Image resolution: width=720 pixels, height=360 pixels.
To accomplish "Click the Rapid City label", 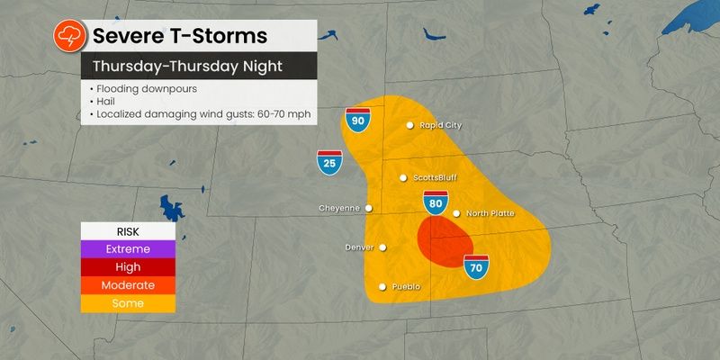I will click(440, 125).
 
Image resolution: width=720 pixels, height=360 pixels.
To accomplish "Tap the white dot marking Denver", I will click(382, 247).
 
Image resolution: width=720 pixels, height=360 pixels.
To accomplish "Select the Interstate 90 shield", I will click(356, 119).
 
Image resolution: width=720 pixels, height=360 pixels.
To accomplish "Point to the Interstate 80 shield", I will click(436, 202).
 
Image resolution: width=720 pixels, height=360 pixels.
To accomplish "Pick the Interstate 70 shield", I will click(476, 265).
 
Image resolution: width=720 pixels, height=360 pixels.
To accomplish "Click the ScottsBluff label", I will click(436, 177).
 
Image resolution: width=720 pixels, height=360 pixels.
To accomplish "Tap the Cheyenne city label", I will click(339, 208).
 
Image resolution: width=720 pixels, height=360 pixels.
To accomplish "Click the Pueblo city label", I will click(406, 287).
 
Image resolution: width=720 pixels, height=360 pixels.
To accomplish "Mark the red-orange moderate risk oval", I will click(445, 243).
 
